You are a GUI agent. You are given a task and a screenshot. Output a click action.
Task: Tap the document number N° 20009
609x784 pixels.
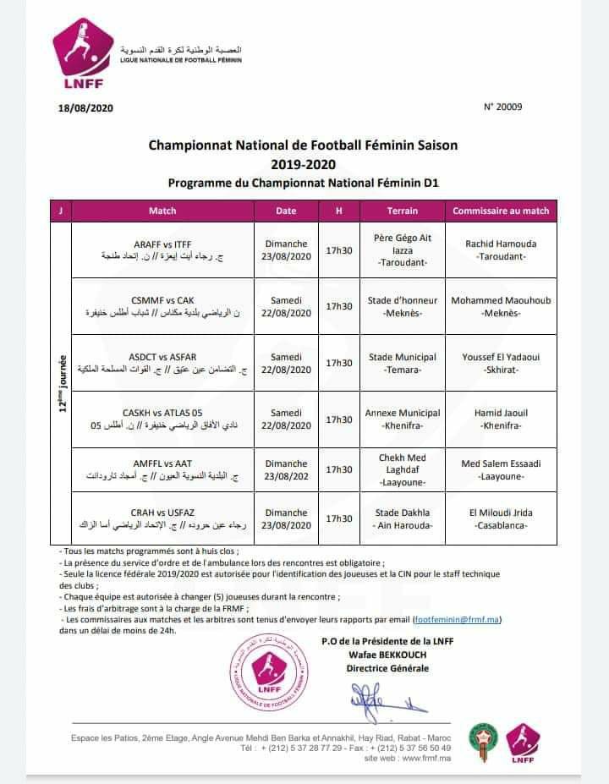503,107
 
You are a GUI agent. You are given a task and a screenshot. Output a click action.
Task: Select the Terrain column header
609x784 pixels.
402,211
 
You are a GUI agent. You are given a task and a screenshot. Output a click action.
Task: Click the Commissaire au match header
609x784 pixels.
501,211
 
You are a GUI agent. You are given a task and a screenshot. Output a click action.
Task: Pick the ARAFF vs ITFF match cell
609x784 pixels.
162,244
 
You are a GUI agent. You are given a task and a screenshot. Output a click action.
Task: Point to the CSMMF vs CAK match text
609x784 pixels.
163,300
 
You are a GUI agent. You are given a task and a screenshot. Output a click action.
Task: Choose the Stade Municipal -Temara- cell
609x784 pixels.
403,364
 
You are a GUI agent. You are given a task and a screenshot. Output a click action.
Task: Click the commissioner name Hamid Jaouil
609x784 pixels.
501,414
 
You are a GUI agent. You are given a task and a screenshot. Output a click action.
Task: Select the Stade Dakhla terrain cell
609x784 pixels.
403,518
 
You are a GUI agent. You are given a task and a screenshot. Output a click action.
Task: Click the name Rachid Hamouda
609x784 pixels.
501,244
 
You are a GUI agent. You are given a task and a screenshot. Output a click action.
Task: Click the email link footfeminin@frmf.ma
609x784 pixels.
456,620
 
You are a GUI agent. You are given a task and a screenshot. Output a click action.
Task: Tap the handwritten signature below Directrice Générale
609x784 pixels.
376,699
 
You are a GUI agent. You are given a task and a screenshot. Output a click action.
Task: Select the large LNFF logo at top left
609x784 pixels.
82,59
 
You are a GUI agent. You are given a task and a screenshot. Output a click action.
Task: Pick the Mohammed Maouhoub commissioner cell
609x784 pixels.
501,306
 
